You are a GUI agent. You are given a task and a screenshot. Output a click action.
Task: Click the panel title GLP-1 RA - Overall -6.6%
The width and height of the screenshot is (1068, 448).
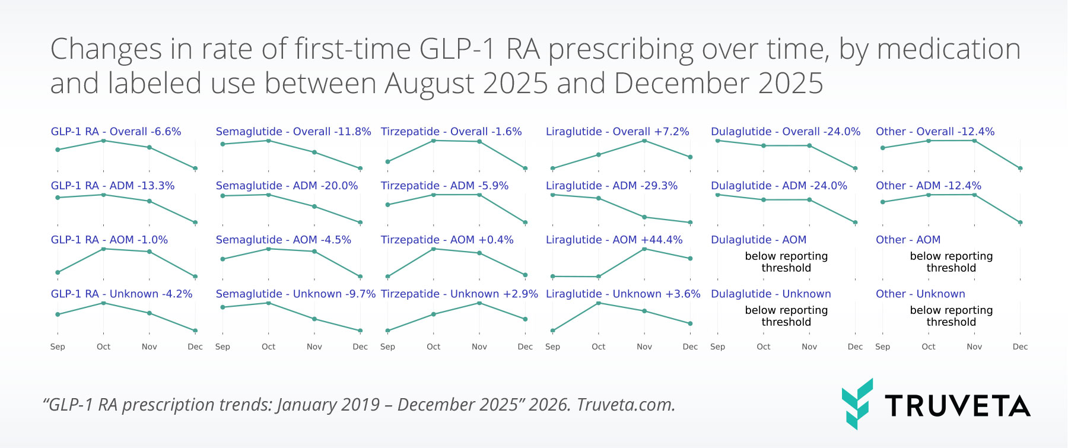(x=116, y=132)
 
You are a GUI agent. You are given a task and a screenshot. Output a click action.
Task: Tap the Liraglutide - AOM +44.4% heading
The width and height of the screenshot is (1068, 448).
(x=614, y=240)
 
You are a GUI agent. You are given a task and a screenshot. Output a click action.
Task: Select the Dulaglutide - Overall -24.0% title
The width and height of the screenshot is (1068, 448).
(x=786, y=132)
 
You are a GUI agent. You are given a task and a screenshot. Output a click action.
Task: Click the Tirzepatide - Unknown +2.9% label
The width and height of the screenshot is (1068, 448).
(x=459, y=294)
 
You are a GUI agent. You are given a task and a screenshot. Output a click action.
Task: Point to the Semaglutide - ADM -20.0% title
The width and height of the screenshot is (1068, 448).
(x=287, y=186)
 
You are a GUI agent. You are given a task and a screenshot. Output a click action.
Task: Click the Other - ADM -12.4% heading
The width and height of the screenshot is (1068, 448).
(x=929, y=186)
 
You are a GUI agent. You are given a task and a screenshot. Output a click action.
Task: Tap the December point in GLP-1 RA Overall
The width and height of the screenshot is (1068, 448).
(x=195, y=169)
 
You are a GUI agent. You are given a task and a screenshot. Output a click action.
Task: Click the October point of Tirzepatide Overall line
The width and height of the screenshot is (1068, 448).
(x=434, y=141)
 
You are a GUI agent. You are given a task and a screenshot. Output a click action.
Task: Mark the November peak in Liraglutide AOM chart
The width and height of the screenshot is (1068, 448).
(x=644, y=249)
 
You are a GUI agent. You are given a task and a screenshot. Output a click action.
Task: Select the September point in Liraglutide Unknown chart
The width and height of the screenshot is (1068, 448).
(x=552, y=331)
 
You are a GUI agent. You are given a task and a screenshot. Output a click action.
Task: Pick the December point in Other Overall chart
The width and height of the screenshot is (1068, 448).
(x=1020, y=169)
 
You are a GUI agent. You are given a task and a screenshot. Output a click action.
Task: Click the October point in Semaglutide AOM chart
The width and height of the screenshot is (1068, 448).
(x=269, y=249)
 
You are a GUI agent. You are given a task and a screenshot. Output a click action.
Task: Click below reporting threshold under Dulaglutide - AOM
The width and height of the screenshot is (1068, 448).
(x=786, y=262)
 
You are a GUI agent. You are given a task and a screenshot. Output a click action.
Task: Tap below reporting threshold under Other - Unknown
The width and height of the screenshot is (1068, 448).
(x=951, y=316)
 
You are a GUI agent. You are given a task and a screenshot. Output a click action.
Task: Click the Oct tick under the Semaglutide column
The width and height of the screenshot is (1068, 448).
(x=269, y=347)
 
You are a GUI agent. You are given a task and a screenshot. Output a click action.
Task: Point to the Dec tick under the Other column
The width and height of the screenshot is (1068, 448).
(x=1020, y=347)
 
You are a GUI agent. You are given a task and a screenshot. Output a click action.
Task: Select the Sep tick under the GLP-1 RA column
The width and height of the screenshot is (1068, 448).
(x=58, y=347)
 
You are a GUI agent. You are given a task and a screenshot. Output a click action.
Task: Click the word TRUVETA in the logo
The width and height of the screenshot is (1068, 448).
(x=957, y=406)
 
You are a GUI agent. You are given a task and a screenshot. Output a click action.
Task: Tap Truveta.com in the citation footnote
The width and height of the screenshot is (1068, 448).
(x=625, y=405)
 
